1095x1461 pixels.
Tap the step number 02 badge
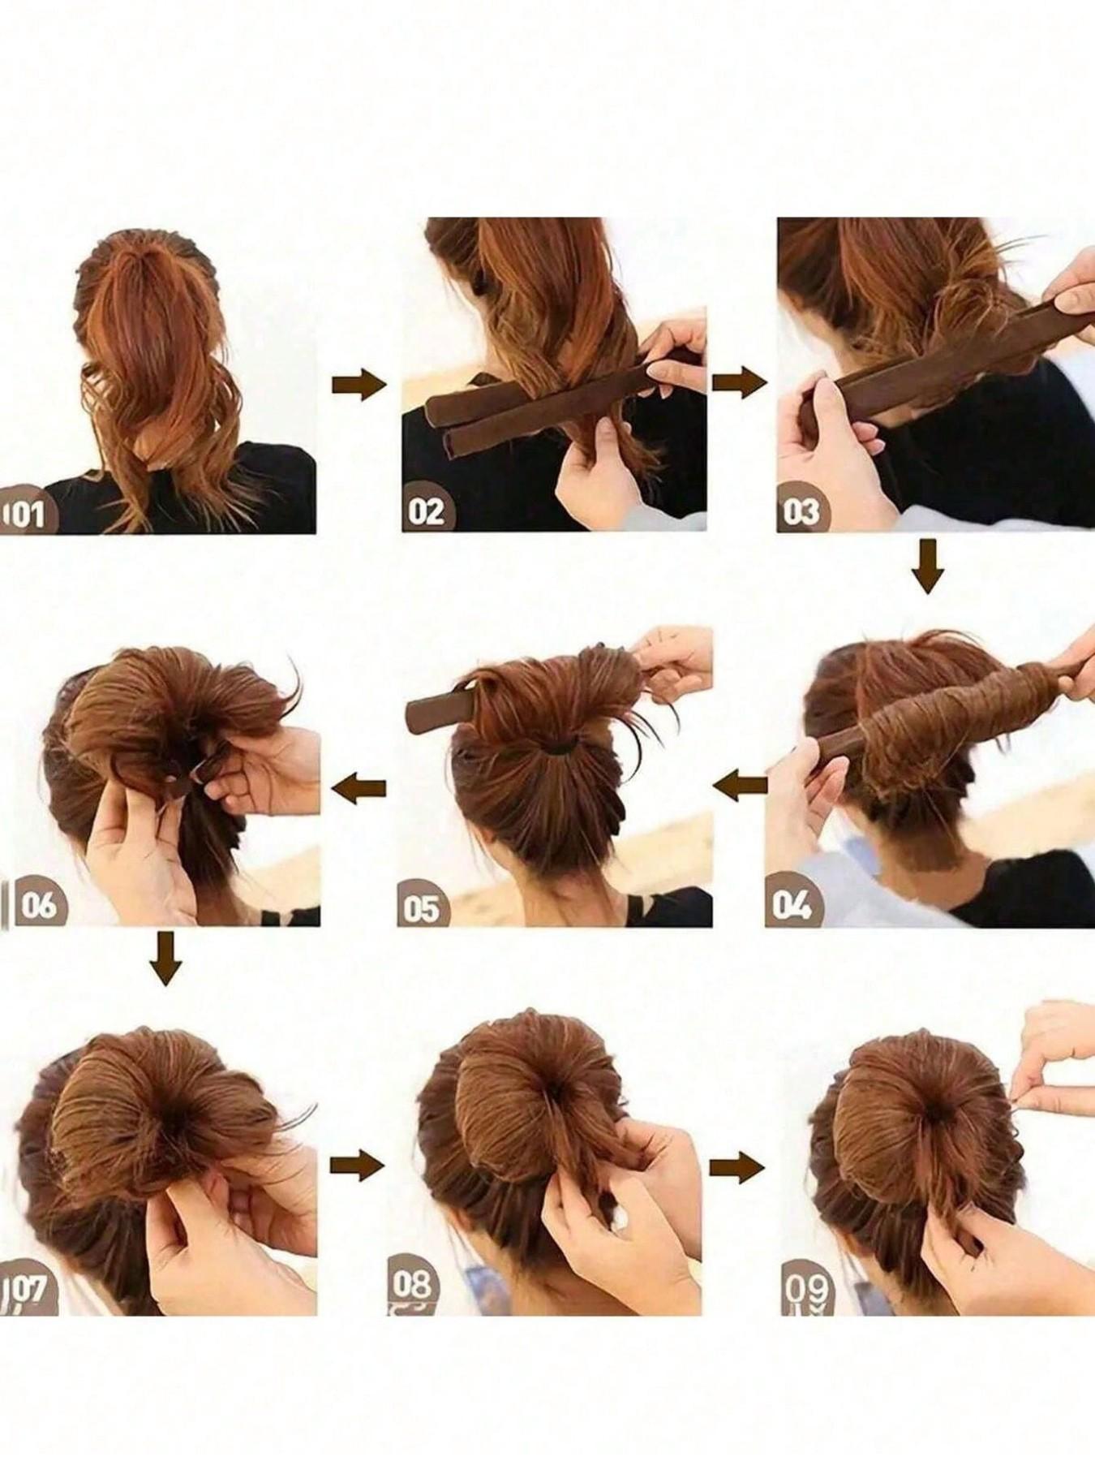427,511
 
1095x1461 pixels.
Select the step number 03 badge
801,511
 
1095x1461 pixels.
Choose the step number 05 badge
422,907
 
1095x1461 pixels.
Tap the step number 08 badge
412,1286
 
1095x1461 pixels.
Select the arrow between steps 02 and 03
738,381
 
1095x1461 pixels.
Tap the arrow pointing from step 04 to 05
742,783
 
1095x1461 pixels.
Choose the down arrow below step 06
165,958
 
